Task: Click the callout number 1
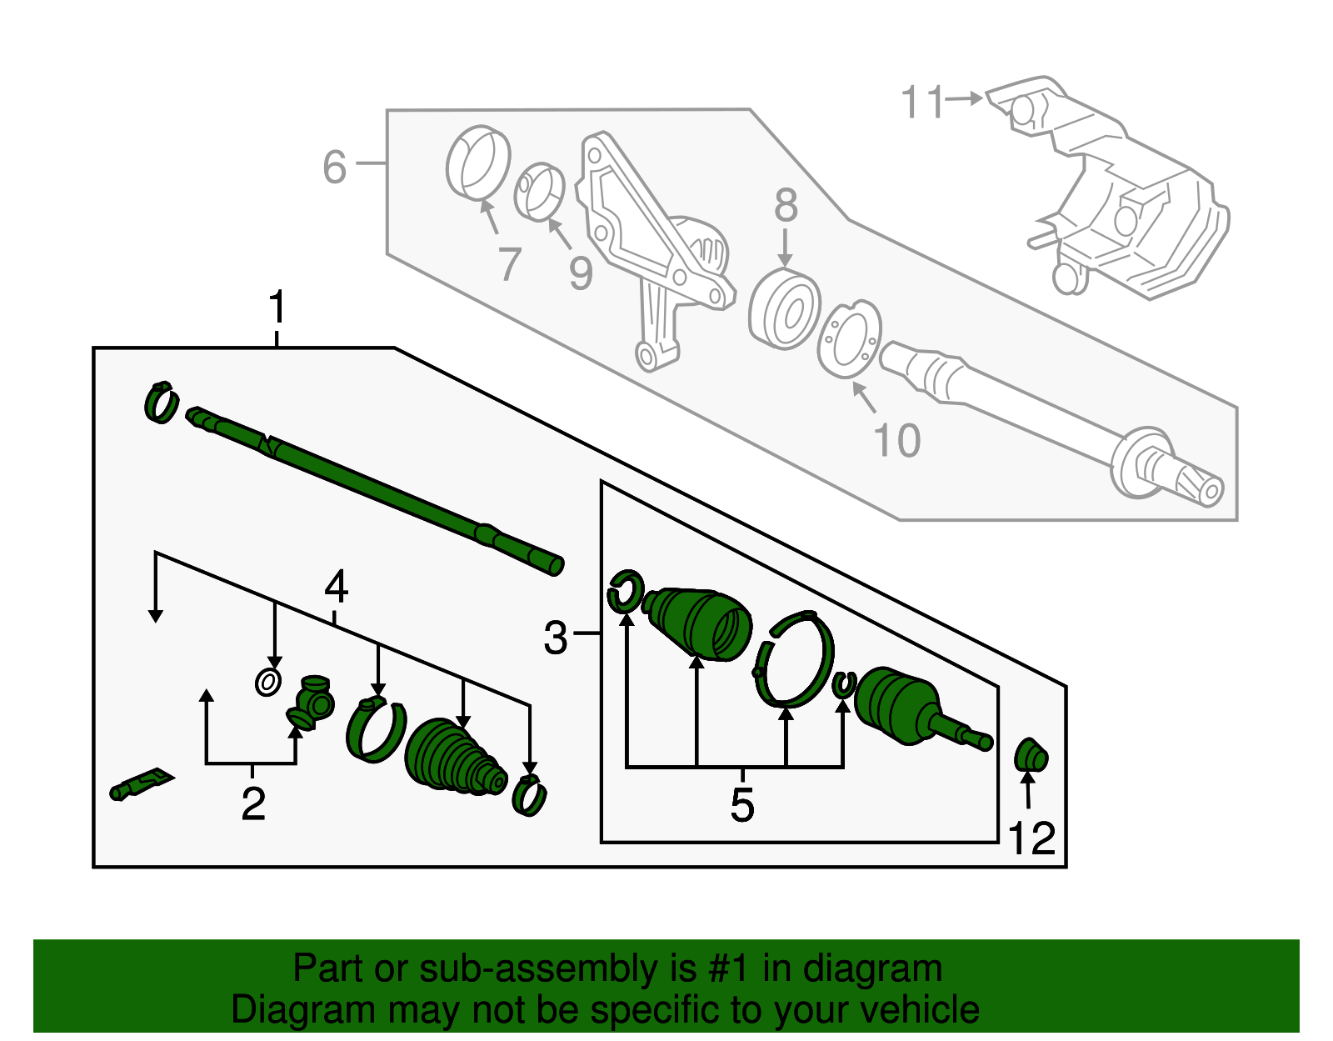tap(277, 308)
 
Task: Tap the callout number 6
tap(334, 167)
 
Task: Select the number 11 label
tap(923, 103)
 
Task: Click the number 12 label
tap(1031, 838)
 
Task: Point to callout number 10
tap(896, 440)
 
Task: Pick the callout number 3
tap(556, 638)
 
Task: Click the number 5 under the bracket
tap(741, 805)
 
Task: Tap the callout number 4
tap(336, 588)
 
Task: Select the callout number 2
tap(253, 804)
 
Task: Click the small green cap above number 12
tap(1031, 755)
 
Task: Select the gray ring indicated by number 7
tap(477, 163)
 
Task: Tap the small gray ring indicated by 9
tap(539, 193)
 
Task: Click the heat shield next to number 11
tap(1116, 192)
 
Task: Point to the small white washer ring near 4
tap(267, 683)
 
